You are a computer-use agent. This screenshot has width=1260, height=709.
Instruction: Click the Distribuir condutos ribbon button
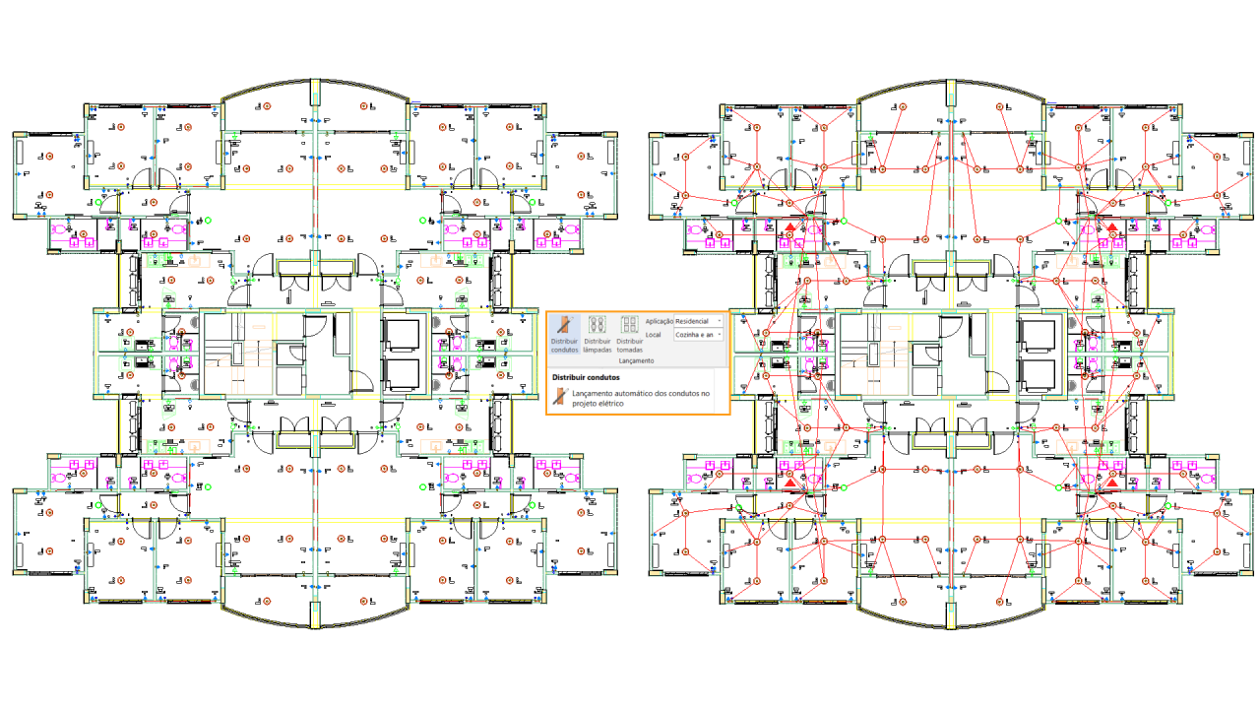pyautogui.click(x=564, y=334)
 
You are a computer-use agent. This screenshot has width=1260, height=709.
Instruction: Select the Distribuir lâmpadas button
pyautogui.click(x=597, y=334)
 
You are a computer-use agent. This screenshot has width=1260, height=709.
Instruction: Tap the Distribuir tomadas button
pyautogui.click(x=629, y=334)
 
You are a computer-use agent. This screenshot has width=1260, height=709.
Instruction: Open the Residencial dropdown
pyautogui.click(x=698, y=321)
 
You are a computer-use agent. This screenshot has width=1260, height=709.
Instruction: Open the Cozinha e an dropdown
pyautogui.click(x=698, y=335)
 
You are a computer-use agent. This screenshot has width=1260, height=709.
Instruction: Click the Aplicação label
pyautogui.click(x=659, y=321)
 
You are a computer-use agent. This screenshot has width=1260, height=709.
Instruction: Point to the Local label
pyautogui.click(x=653, y=335)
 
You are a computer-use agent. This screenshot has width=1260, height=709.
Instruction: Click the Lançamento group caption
pyautogui.click(x=636, y=360)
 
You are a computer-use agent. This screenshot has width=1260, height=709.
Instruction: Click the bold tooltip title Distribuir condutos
pyautogui.click(x=586, y=377)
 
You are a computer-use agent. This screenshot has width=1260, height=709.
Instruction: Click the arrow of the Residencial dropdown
pyautogui.click(x=720, y=321)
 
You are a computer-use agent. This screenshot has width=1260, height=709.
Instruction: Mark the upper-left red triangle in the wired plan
pyautogui.click(x=789, y=227)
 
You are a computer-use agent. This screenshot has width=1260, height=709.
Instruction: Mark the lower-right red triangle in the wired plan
pyautogui.click(x=1111, y=483)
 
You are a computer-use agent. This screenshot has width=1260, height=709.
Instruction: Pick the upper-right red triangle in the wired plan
pyautogui.click(x=1111, y=227)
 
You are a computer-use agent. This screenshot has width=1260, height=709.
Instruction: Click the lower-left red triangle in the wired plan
pyautogui.click(x=789, y=483)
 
